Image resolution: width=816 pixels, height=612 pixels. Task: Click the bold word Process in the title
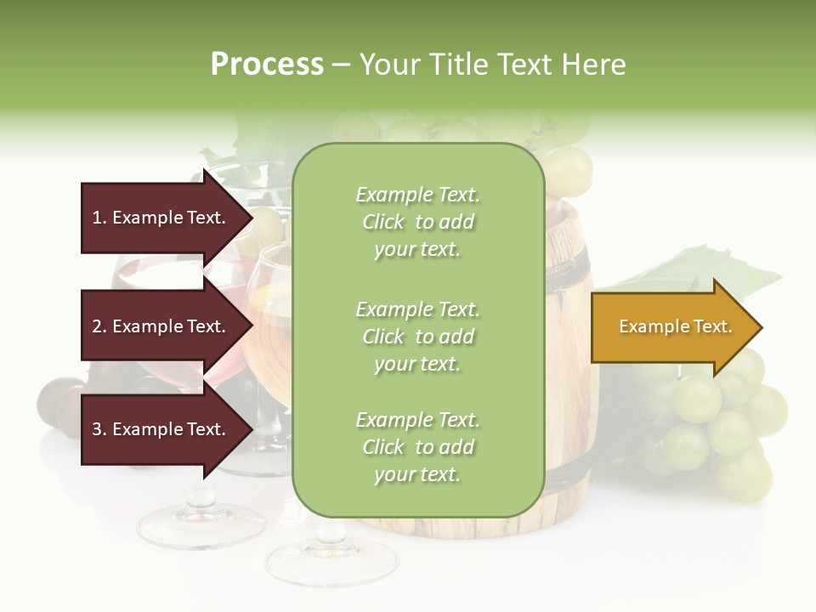[267, 65]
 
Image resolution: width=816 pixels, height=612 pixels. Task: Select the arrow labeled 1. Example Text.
[161, 218]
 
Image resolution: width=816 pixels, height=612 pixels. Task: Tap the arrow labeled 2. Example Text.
[161, 326]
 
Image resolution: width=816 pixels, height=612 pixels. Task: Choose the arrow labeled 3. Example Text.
[161, 429]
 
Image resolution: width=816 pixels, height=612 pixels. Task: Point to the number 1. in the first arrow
[99, 218]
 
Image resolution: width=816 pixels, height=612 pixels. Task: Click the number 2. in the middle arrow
[99, 327]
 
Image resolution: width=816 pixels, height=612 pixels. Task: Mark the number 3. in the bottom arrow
[99, 430]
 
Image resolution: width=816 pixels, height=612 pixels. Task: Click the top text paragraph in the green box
[417, 222]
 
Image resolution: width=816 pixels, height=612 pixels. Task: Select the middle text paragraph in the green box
[417, 337]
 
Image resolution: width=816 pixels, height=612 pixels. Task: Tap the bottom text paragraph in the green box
[417, 447]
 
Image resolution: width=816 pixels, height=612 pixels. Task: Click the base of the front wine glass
[331, 561]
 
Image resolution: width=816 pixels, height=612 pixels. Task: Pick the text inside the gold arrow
[675, 326]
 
